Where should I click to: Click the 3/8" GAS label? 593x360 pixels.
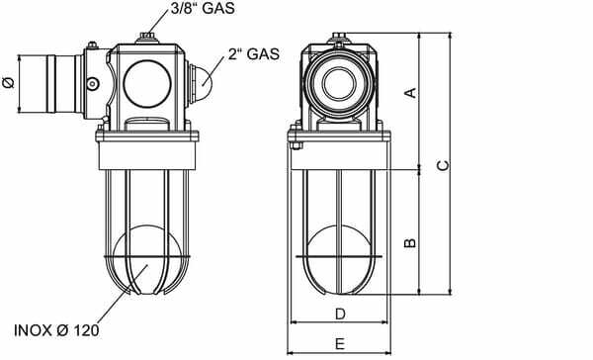[x=203, y=9]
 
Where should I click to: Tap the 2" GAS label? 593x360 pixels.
[x=254, y=53]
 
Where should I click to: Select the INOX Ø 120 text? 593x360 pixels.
[x=56, y=330]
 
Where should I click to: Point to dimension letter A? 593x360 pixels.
[x=411, y=92]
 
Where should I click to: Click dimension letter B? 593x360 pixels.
[x=410, y=242]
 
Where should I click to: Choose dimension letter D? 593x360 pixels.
[x=340, y=314]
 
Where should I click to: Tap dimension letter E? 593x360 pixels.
[x=340, y=344]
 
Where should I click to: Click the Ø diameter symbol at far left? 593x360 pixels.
[x=9, y=82]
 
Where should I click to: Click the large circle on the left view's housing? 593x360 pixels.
[x=147, y=84]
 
